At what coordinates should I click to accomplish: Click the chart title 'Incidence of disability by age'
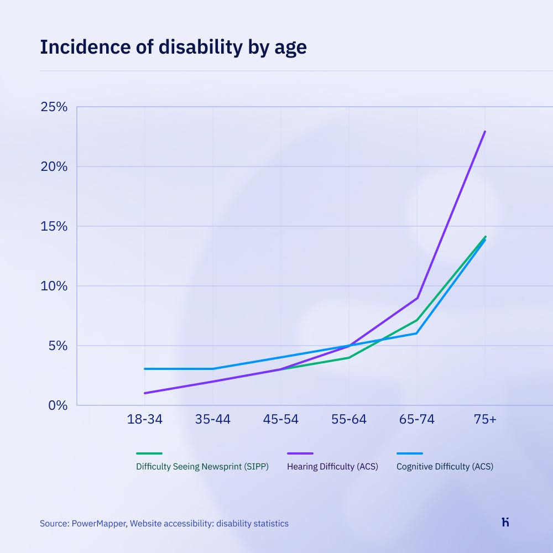[173, 48]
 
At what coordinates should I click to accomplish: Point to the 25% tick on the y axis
[54, 107]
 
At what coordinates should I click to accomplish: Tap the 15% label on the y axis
[54, 226]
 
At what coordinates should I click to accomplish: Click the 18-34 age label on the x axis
[144, 419]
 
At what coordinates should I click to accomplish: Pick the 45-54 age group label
[280, 419]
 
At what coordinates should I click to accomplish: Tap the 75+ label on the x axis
[485, 419]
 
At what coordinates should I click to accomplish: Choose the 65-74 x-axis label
[417, 419]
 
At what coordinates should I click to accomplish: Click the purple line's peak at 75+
[485, 132]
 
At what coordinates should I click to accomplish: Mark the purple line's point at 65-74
[418, 298]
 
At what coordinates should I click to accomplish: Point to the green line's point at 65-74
[418, 320]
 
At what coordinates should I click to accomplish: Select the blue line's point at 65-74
[416, 333]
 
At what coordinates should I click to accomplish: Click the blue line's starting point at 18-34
[145, 369]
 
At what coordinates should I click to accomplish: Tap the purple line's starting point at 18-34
[145, 393]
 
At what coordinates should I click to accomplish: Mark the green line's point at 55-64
[348, 358]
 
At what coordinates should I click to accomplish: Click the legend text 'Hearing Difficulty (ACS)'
[332, 466]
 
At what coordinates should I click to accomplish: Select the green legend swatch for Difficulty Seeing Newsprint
[149, 453]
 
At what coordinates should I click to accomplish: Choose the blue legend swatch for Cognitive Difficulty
[409, 453]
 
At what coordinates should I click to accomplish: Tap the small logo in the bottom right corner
[505, 522]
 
